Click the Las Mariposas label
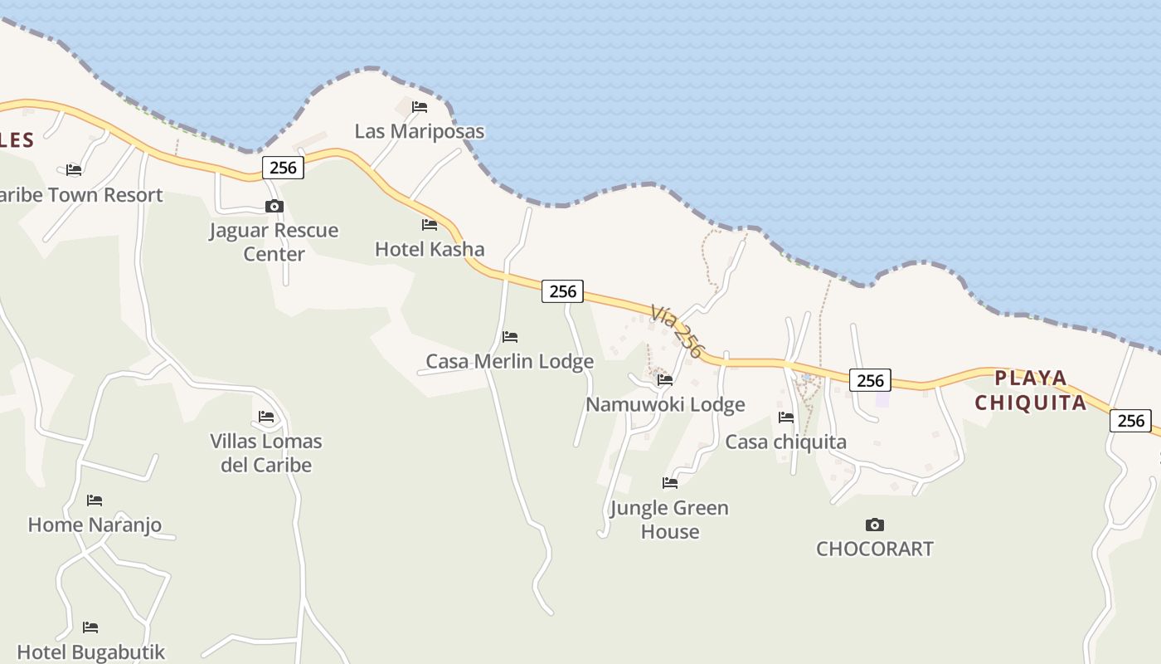tap(419, 131)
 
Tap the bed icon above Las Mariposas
tap(420, 106)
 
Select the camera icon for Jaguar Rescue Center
tap(274, 206)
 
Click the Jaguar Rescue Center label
tap(274, 242)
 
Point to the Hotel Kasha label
tap(430, 249)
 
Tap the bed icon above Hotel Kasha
tap(430, 224)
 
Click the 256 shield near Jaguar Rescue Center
tap(283, 168)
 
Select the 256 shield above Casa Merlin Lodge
tap(562, 291)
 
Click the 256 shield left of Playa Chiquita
tap(870, 380)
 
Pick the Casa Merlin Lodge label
tap(509, 361)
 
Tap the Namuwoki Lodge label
tap(665, 404)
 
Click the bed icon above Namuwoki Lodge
tap(665, 380)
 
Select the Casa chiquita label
tap(785, 442)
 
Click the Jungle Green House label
tap(669, 520)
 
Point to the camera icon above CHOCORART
tap(874, 525)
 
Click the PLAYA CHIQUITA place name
tap(1031, 391)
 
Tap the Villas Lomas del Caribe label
tap(266, 452)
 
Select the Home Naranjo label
tap(95, 525)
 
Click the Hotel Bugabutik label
tap(91, 652)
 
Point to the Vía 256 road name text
tap(678, 331)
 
